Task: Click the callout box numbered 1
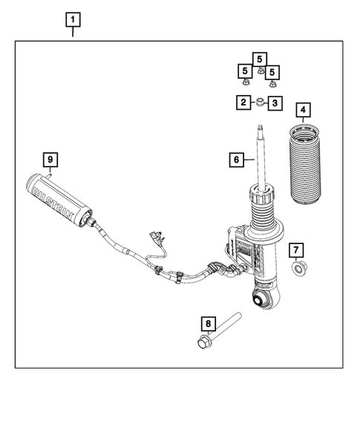(73, 19)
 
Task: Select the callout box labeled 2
(243, 103)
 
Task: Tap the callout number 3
(275, 103)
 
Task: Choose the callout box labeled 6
(235, 159)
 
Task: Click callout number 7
(295, 249)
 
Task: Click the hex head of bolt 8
(203, 342)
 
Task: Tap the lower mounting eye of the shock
(260, 300)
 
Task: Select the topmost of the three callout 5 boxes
(259, 58)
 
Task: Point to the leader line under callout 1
(73, 32)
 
